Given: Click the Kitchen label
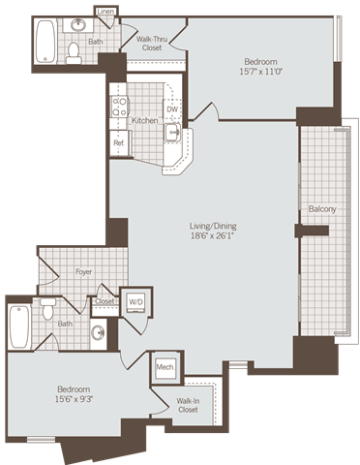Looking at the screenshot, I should tap(144, 120).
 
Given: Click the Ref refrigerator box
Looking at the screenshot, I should tap(119, 143).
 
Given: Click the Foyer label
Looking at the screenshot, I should tap(84, 272).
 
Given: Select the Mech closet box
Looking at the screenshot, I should tap(165, 368).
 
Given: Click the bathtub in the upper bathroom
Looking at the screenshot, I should tap(45, 41).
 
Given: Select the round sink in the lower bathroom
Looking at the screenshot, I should tap(99, 333).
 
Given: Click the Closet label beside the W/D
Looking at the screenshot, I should tap(104, 301).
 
